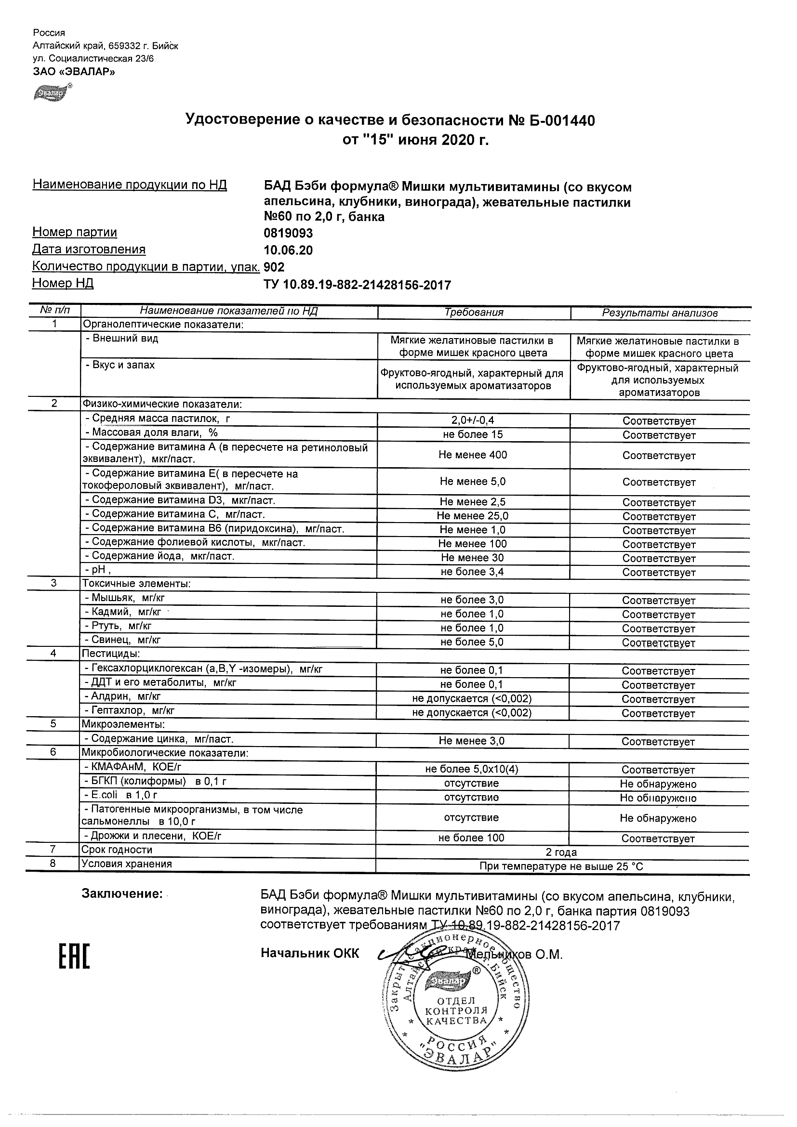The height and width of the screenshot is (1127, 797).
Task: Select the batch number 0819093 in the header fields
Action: pyautogui.click(x=288, y=233)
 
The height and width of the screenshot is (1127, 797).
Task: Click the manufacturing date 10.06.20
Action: pyautogui.click(x=288, y=250)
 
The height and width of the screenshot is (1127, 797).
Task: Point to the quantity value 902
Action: pyautogui.click(x=274, y=267)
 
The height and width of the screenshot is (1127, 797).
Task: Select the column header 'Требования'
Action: pyautogui.click(x=474, y=313)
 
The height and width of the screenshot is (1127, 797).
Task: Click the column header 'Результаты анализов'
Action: pyautogui.click(x=660, y=313)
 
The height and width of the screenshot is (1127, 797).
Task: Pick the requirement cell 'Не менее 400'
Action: pyautogui.click(x=473, y=455)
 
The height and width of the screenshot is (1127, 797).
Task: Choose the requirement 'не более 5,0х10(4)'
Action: pyautogui.click(x=472, y=770)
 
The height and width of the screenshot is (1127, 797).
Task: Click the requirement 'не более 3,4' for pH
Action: pyautogui.click(x=472, y=572)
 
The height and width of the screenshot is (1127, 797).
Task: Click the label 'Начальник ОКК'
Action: pyautogui.click(x=310, y=954)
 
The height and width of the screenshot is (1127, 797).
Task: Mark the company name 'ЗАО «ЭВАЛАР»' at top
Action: pyautogui.click(x=74, y=72)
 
